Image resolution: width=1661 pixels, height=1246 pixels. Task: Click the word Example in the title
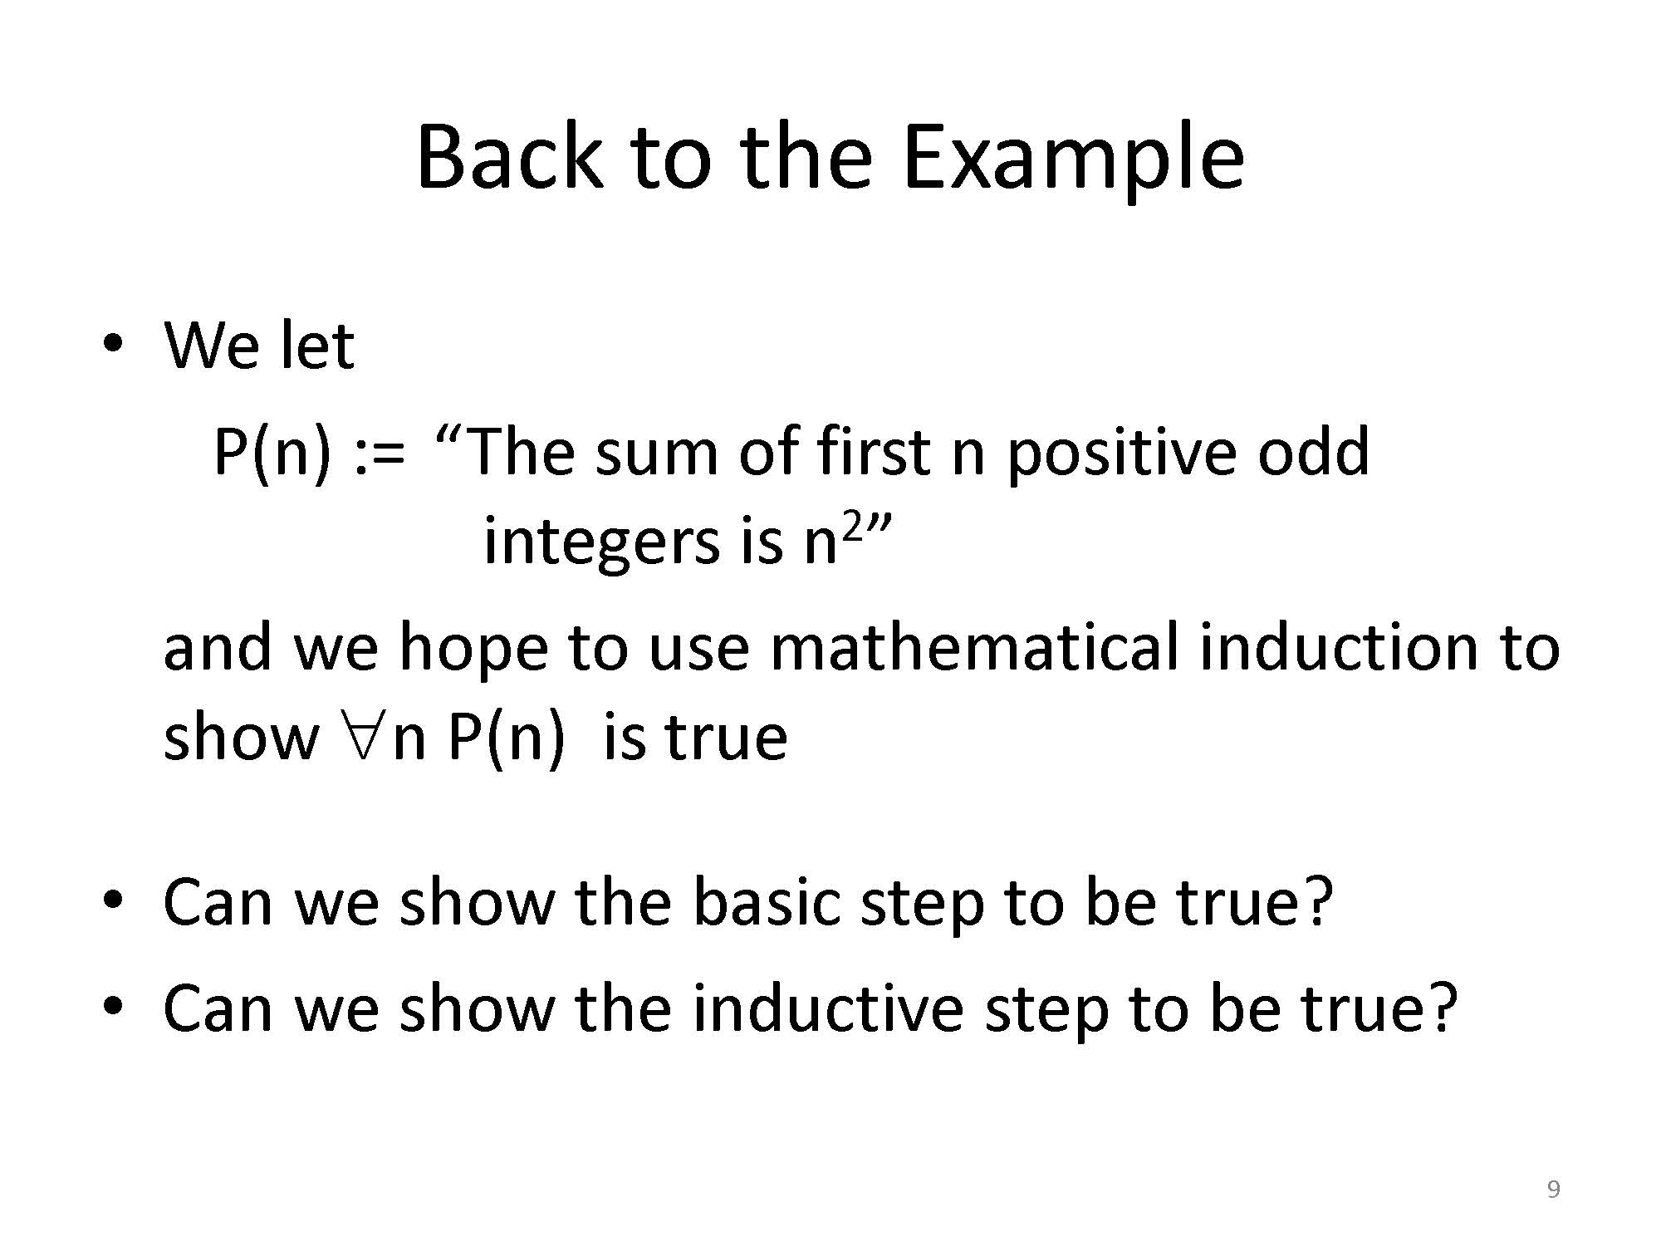click(1073, 159)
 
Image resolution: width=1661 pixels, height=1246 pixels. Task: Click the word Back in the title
click(507, 155)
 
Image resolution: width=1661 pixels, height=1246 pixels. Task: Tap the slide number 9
click(1553, 1189)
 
